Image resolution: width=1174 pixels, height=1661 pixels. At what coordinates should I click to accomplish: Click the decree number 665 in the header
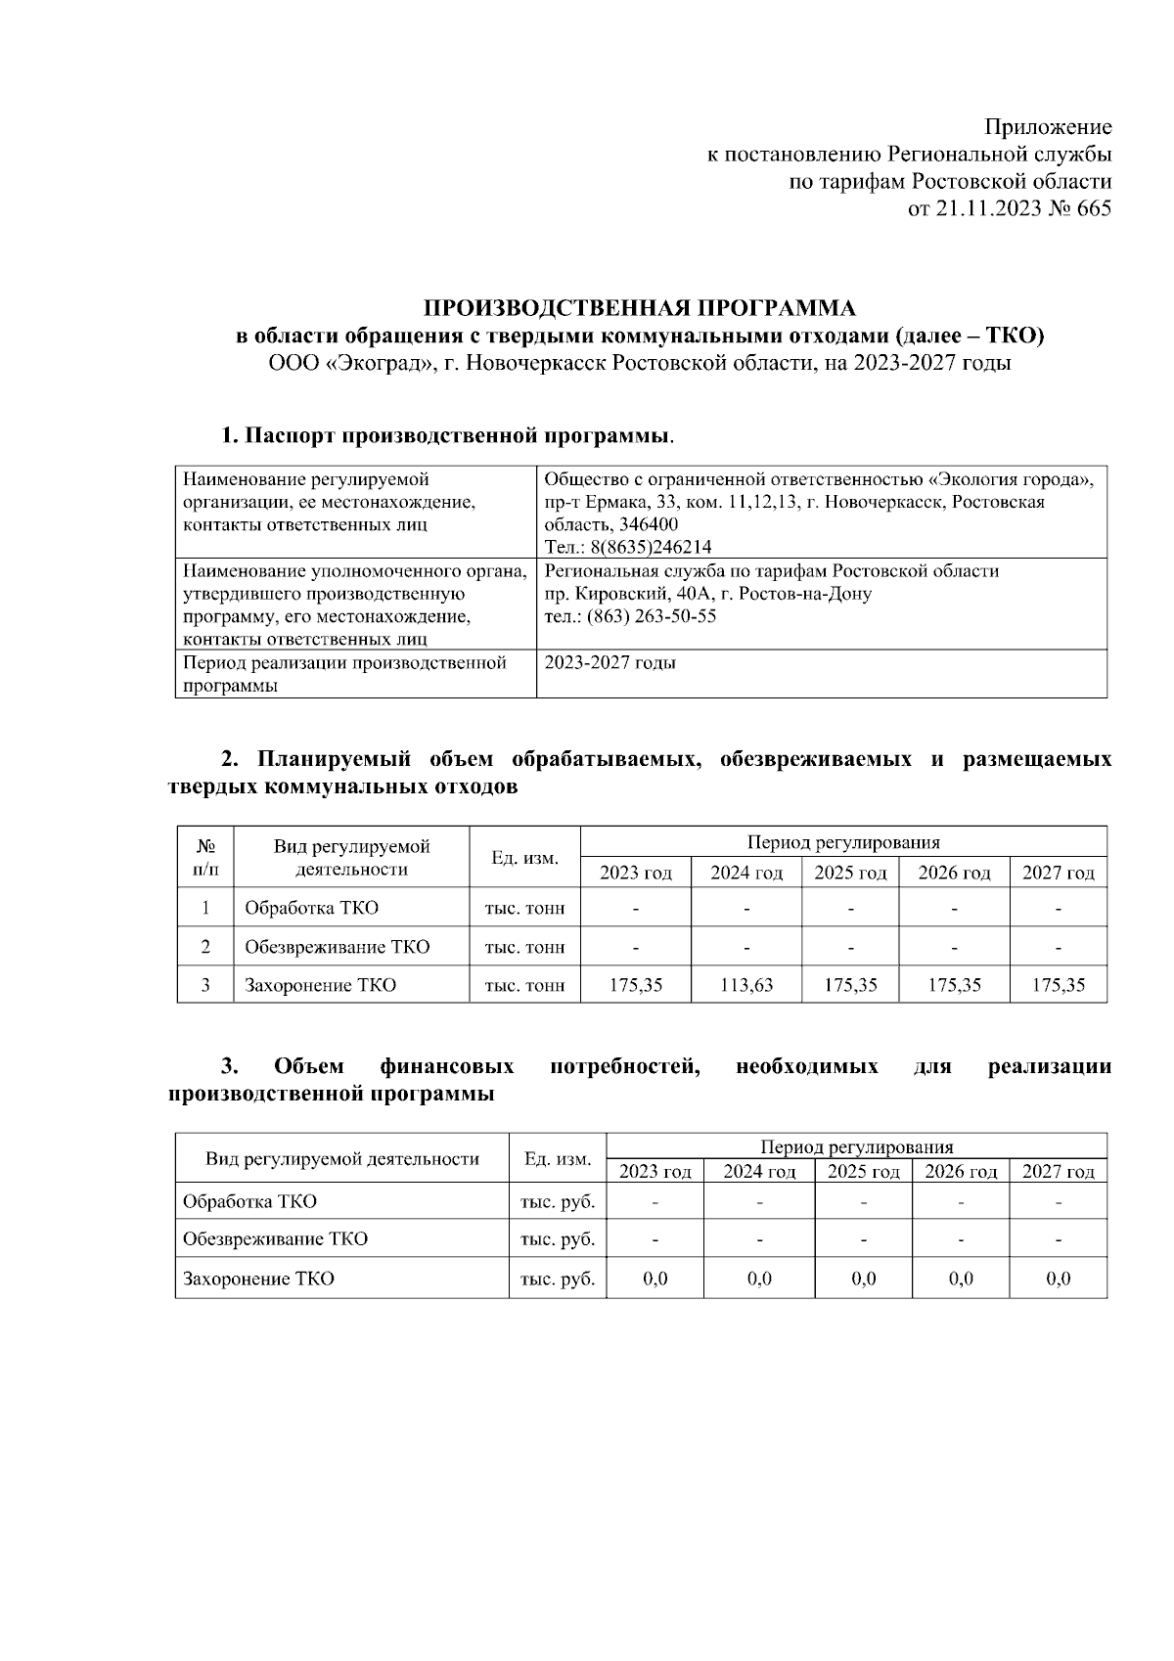[x=1093, y=208]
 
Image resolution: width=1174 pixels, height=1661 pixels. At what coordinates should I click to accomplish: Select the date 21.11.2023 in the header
[x=979, y=208]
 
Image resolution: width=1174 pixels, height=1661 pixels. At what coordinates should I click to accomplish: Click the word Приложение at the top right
[x=1048, y=127]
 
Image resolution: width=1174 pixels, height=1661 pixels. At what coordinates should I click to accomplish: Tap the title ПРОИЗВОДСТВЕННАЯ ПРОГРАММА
[x=639, y=308]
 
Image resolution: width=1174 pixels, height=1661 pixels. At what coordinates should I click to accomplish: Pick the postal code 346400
[x=648, y=525]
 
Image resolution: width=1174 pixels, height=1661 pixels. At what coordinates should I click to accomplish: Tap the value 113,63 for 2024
[x=746, y=985]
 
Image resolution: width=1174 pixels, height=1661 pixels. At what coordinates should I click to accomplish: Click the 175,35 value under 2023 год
[x=636, y=985]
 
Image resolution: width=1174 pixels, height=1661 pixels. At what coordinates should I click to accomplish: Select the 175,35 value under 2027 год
[x=1059, y=985]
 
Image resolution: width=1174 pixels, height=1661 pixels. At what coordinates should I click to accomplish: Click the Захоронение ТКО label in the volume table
[x=320, y=985]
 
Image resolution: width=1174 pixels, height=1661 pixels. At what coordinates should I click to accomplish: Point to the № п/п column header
[x=205, y=857]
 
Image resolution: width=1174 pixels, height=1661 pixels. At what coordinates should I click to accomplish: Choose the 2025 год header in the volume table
[x=850, y=873]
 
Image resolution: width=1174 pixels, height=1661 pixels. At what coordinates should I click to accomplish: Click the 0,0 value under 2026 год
[x=961, y=1279]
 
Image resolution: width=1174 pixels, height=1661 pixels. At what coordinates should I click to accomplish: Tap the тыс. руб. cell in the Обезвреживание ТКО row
[x=558, y=1239]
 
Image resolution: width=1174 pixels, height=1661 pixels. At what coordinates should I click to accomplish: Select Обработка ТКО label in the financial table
[x=249, y=1201]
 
